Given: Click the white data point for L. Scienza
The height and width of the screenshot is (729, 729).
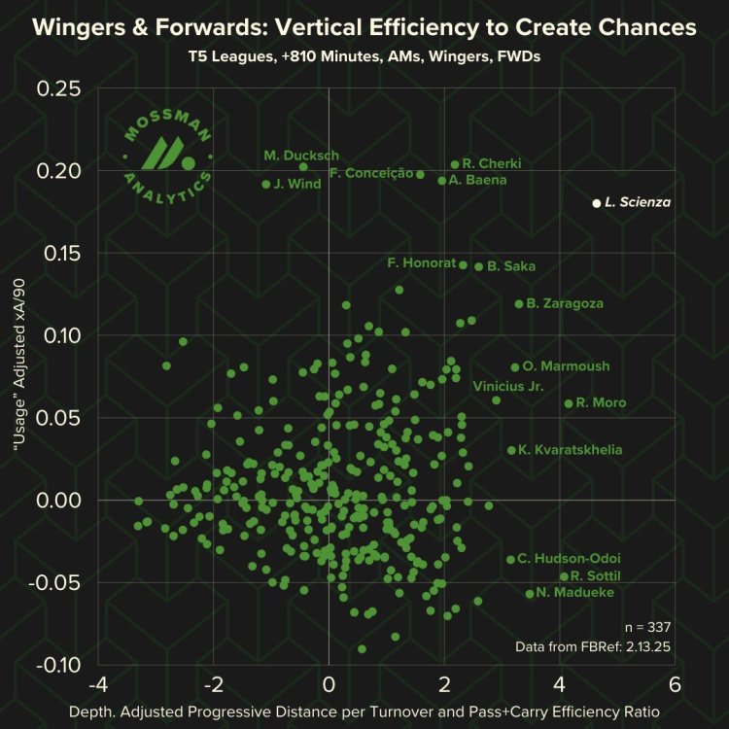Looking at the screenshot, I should pyautogui.click(x=597, y=203).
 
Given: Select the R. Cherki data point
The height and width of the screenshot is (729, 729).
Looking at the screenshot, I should pyautogui.click(x=455, y=164).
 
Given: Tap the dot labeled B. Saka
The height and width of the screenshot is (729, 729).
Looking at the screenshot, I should pyautogui.click(x=478, y=266).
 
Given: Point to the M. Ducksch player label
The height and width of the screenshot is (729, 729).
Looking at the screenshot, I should pyautogui.click(x=301, y=156).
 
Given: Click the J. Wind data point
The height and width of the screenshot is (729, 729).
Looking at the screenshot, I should pyautogui.click(x=266, y=184).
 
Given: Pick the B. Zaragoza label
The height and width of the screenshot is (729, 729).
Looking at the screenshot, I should pyautogui.click(x=565, y=303).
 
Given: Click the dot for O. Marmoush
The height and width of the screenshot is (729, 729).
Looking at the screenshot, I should pyautogui.click(x=515, y=366).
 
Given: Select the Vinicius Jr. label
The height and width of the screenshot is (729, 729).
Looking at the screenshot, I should pyautogui.click(x=507, y=386).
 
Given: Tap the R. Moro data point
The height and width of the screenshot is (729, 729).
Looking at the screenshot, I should pyautogui.click(x=569, y=403).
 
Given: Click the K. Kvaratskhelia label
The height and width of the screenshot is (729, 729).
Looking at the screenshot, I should pyautogui.click(x=571, y=450).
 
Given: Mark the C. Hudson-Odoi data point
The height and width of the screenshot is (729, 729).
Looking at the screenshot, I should pyautogui.click(x=510, y=559).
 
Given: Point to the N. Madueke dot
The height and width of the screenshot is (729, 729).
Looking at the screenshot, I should pyautogui.click(x=530, y=594).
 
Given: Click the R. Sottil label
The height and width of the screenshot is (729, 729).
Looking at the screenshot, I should pyautogui.click(x=596, y=576).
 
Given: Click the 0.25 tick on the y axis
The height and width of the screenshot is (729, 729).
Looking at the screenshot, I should pyautogui.click(x=62, y=88).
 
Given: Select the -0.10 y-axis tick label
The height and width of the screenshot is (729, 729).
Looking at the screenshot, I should pyautogui.click(x=59, y=665).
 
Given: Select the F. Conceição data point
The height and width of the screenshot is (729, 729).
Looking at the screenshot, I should pyautogui.click(x=420, y=174).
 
